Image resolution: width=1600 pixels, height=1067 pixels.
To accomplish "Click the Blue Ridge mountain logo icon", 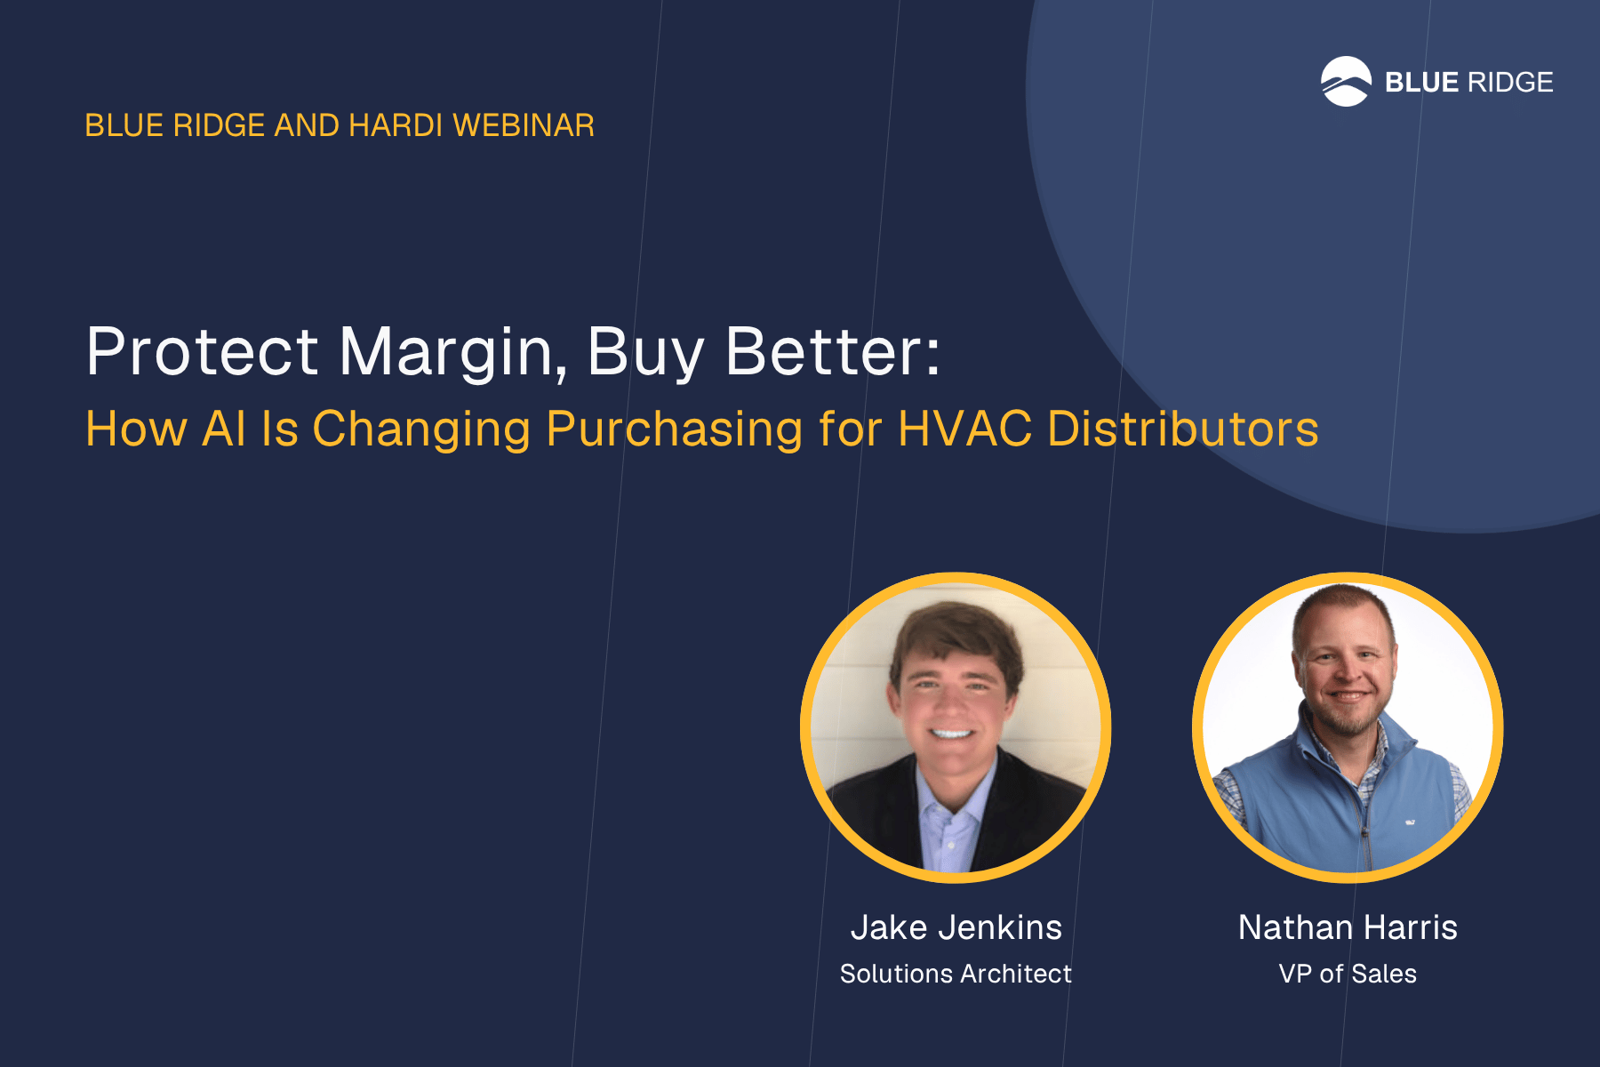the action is tap(1346, 82).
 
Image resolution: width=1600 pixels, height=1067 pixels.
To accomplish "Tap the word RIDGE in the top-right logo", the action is tap(1510, 83).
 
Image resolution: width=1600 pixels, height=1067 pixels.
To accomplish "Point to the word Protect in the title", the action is tap(202, 351).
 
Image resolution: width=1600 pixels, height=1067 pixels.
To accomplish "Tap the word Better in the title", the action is tap(832, 351).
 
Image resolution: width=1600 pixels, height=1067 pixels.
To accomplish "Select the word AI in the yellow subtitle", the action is tap(224, 429).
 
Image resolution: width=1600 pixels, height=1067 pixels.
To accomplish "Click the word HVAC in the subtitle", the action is tap(965, 429).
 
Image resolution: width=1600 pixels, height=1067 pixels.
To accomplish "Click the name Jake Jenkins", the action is tap(956, 927).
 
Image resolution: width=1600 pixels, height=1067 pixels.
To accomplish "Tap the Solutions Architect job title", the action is tap(956, 974).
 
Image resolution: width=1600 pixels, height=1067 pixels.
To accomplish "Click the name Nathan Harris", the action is tap(1348, 927).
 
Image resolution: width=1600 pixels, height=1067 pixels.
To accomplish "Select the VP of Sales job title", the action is tap(1348, 974).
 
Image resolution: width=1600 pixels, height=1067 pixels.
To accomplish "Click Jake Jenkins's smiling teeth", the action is tap(952, 734).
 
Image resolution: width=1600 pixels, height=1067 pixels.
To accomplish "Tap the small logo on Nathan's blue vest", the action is tap(1410, 822).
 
